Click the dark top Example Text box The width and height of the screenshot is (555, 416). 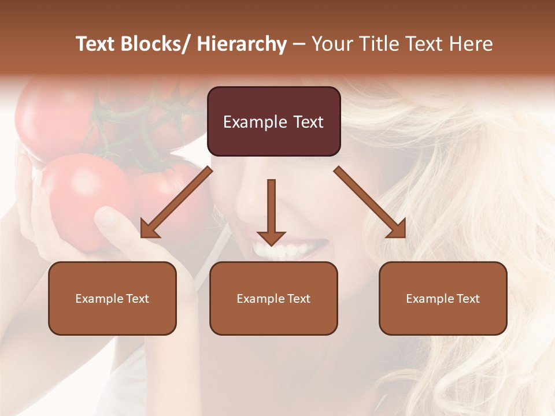point(273,121)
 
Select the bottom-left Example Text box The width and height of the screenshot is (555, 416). point(112,298)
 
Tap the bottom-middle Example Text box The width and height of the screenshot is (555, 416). point(273,298)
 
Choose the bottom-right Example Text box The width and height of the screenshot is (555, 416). point(443,298)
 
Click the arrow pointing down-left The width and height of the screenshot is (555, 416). point(176,202)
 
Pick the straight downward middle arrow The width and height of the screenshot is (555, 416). point(271,211)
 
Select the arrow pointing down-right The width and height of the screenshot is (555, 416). point(370,202)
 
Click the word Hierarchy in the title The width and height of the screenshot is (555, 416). point(242,44)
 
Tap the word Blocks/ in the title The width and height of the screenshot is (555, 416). point(157,44)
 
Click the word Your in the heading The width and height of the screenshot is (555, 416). point(332,44)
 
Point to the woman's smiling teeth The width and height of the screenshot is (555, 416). point(283,251)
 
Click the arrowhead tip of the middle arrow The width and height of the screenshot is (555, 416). point(271,244)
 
